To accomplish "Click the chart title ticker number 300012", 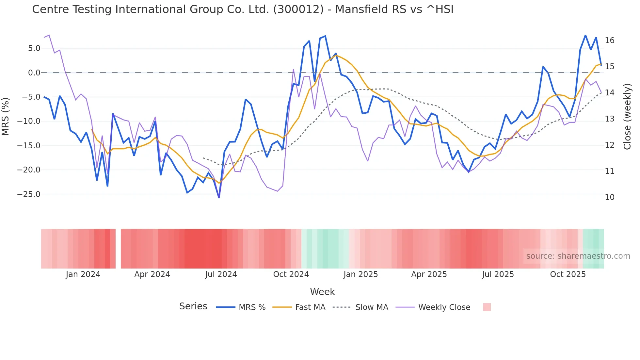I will [x=298, y=9].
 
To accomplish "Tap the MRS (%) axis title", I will [x=6, y=116].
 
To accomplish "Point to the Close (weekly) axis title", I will [x=627, y=116].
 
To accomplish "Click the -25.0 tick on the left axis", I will [x=29, y=194].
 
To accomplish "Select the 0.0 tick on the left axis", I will [x=34, y=73].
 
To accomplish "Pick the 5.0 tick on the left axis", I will [x=34, y=48].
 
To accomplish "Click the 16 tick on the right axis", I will [x=609, y=41].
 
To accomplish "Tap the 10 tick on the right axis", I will [x=609, y=197].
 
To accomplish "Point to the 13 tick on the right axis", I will [x=609, y=119].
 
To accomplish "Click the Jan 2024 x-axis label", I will [x=83, y=274].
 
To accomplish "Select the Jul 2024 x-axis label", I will [x=221, y=274].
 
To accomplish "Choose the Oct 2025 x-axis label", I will [x=568, y=274].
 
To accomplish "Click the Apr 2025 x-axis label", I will [x=429, y=274].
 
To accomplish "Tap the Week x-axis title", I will [x=322, y=292].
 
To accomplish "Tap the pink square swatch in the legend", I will [x=487, y=307].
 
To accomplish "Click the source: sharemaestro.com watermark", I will [x=578, y=256].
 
